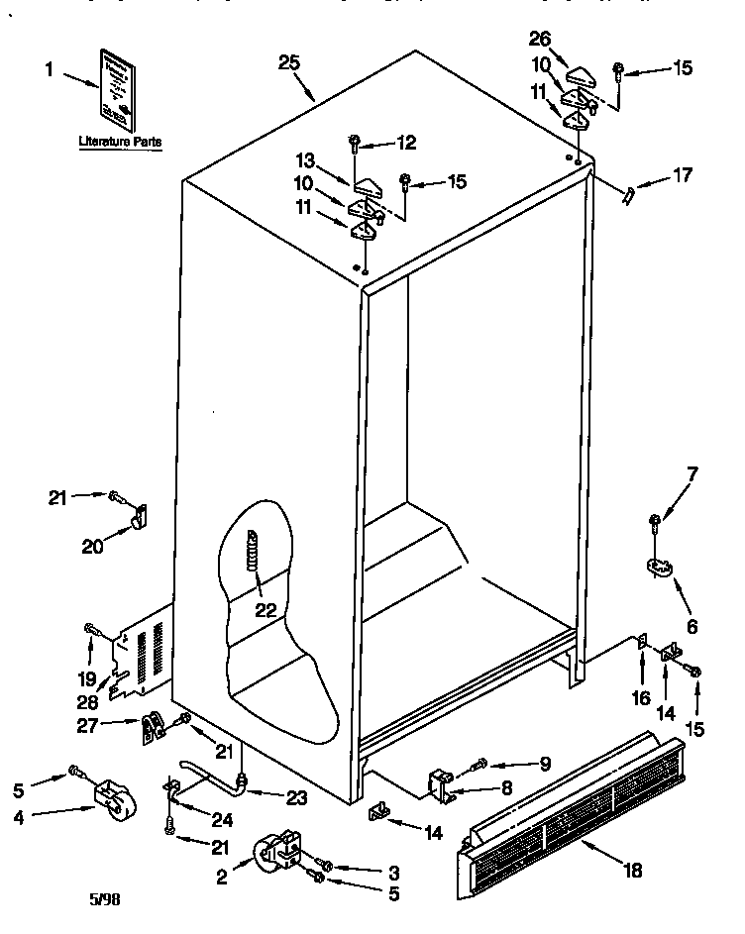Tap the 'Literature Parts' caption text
120,143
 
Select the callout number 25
288,62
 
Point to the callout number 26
540,41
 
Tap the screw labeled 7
655,521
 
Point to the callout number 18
633,871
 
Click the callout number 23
295,797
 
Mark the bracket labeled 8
442,785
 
